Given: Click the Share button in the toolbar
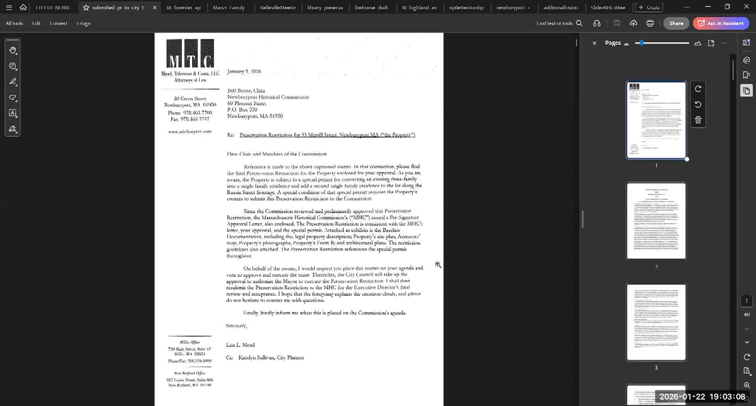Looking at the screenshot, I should pos(676,23).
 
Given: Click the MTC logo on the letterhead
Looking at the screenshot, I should pos(190,54).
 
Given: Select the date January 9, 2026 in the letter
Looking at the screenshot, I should pos(244,72).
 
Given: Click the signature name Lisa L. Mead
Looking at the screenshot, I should pos(240,345).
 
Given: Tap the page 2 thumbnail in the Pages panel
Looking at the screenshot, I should pos(656,221).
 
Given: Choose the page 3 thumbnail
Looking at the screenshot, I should pos(656,322).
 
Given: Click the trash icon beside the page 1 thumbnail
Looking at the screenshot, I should pos(698,120).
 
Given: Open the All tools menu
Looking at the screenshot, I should pos(14,23).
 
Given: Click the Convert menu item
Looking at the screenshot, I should pos(58,23).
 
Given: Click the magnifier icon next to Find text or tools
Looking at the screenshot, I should pos(579,23).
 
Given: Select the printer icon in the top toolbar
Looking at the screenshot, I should pos(650,23).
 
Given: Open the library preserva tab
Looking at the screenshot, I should pos(325,7).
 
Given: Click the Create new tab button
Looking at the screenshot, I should pos(649,7).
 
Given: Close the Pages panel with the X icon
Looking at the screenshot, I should pos(595,43).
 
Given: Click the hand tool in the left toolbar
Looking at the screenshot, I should pos(13,50).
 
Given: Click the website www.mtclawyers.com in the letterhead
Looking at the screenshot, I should pos(190,131).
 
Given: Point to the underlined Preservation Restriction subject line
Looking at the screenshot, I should pos(327,135).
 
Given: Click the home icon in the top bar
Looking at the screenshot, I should pos(23,7).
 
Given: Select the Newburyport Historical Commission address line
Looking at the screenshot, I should pos(268,97).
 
